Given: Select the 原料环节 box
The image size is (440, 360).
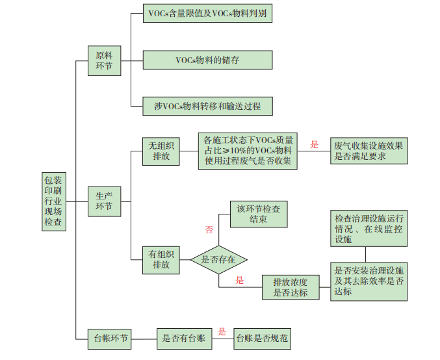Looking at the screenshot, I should click(x=104, y=60).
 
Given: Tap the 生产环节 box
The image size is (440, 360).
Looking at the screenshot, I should click(x=104, y=201).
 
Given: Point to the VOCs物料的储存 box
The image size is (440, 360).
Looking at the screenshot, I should click(x=207, y=60).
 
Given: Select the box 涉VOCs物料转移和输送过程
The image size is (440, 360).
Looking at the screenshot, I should click(x=207, y=106).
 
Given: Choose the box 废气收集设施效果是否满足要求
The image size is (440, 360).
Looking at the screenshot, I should click(x=369, y=151).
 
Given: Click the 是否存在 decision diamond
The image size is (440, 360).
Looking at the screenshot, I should click(x=219, y=259).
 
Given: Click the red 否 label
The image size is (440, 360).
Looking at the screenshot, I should click(x=209, y=229).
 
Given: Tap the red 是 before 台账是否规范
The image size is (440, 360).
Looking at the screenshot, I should click(x=222, y=331).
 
